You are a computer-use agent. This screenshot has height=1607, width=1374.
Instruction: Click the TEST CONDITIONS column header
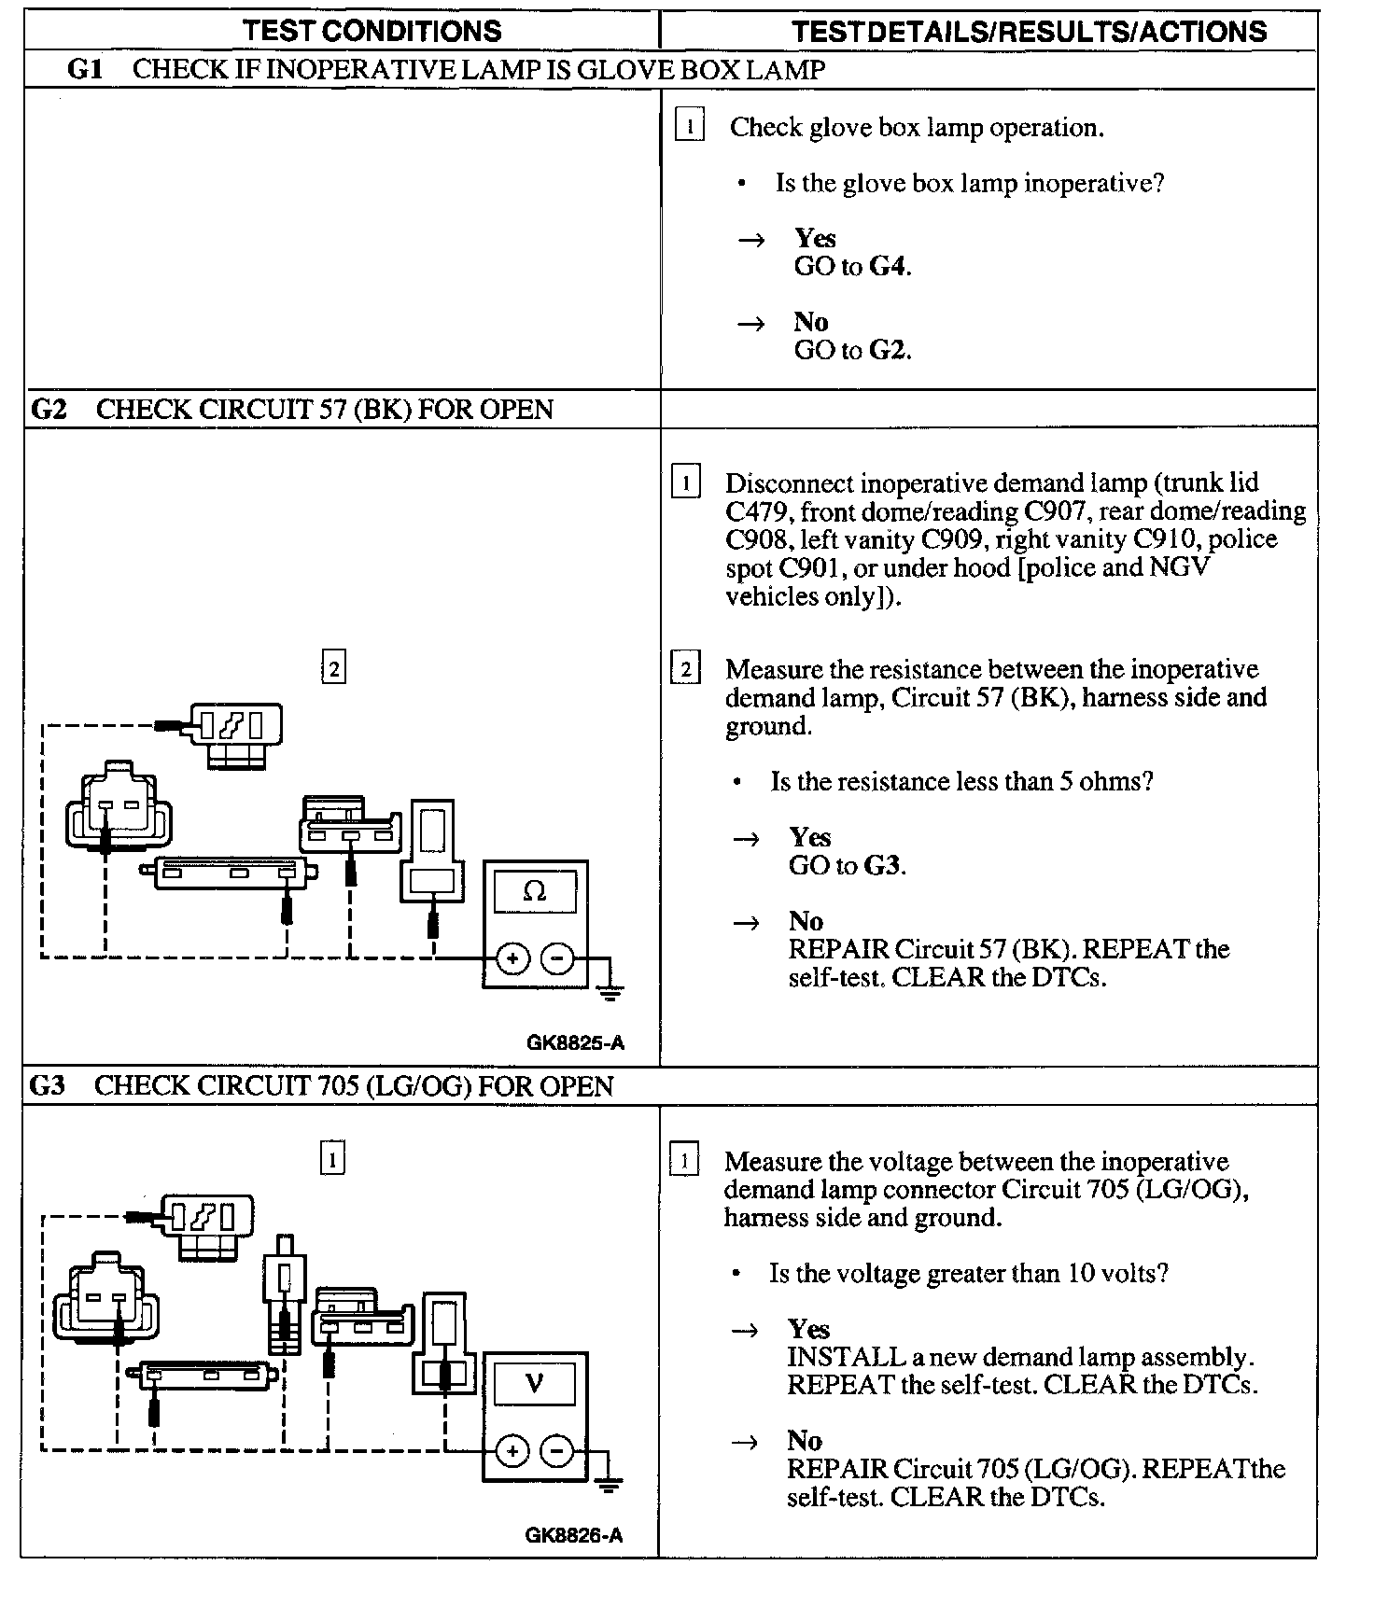pyautogui.click(x=372, y=31)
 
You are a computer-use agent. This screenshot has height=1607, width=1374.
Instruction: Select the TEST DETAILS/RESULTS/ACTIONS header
pyautogui.click(x=1029, y=32)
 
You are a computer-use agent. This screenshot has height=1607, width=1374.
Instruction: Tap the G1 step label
pyautogui.click(x=85, y=70)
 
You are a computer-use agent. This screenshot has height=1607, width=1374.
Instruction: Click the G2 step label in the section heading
pyautogui.click(x=49, y=410)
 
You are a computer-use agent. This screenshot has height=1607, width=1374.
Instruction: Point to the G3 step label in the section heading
pyautogui.click(x=48, y=1086)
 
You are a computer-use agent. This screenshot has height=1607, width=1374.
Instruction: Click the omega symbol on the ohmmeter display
pyautogui.click(x=535, y=892)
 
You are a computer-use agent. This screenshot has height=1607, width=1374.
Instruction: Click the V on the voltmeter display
pyautogui.click(x=534, y=1383)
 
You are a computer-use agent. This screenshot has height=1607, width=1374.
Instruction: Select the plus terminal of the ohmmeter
pyautogui.click(x=512, y=958)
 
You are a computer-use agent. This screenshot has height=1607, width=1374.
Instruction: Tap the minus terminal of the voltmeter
pyautogui.click(x=557, y=1451)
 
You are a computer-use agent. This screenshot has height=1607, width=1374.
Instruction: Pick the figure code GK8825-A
pyautogui.click(x=575, y=1043)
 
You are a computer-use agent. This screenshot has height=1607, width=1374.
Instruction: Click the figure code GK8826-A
pyautogui.click(x=573, y=1535)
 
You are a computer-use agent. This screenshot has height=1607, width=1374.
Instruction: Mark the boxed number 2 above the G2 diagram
pyautogui.click(x=333, y=668)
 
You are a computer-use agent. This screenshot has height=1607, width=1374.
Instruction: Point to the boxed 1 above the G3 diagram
pyautogui.click(x=332, y=1159)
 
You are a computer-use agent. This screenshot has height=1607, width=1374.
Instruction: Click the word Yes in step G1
pyautogui.click(x=815, y=238)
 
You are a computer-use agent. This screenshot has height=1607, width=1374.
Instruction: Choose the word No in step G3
pyautogui.click(x=804, y=1440)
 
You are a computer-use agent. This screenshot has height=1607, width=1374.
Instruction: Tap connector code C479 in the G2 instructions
pyautogui.click(x=758, y=511)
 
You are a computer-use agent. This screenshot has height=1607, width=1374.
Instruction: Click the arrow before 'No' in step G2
pyautogui.click(x=746, y=923)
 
